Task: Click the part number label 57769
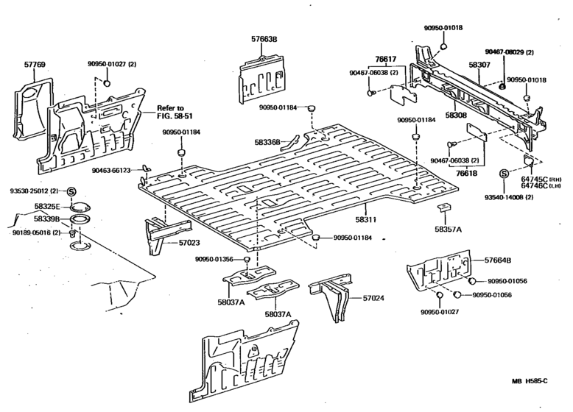click(35, 65)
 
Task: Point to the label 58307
click(479, 65)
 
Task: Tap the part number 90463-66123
click(111, 170)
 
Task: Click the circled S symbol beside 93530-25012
click(72, 192)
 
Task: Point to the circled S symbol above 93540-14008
click(504, 174)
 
